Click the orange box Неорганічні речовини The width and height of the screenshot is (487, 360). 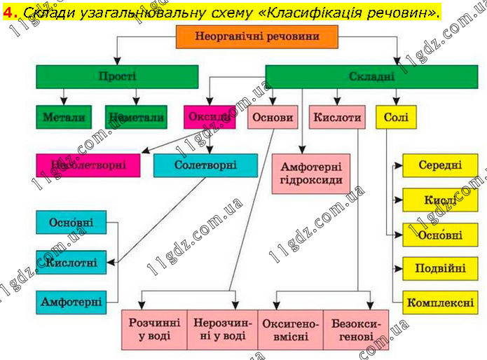tap(256, 37)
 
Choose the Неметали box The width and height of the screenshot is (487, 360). tap(137, 117)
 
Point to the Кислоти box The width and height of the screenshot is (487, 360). tap(337, 117)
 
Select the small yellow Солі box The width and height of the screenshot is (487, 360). tap(397, 117)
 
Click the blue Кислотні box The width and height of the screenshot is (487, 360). tap(71, 263)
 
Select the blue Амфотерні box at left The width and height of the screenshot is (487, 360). tap(71, 303)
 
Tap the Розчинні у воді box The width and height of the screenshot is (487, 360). tap(155, 329)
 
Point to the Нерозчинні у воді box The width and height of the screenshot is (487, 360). tap(221, 329)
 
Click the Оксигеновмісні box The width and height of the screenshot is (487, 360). tap(289, 329)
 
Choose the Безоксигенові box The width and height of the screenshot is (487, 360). tap(355, 329)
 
